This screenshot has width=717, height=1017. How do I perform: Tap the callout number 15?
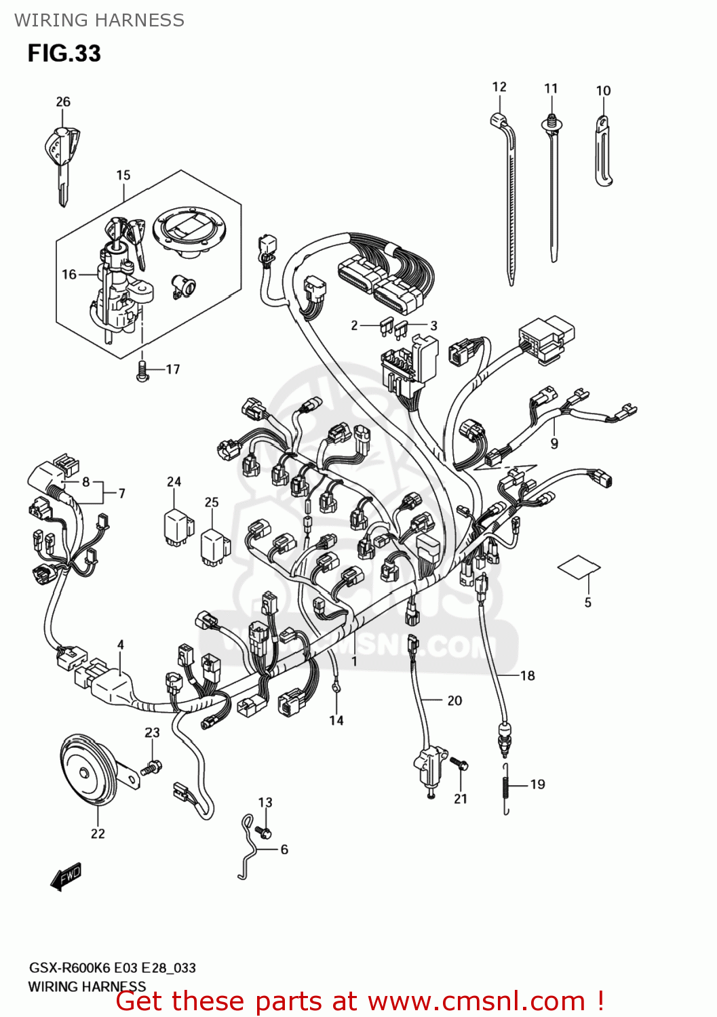[123, 176]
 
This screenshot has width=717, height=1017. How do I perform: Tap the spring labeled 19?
[505, 789]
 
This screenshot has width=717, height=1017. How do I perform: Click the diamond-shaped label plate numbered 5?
[579, 566]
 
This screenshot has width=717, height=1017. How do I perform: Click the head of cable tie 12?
[500, 121]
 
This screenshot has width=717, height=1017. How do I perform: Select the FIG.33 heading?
[64, 53]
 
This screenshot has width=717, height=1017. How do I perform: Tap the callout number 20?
[454, 700]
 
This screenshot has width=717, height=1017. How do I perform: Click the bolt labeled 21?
[461, 764]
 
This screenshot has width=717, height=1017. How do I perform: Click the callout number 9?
[554, 443]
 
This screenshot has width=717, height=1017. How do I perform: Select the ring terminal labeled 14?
[336, 689]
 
